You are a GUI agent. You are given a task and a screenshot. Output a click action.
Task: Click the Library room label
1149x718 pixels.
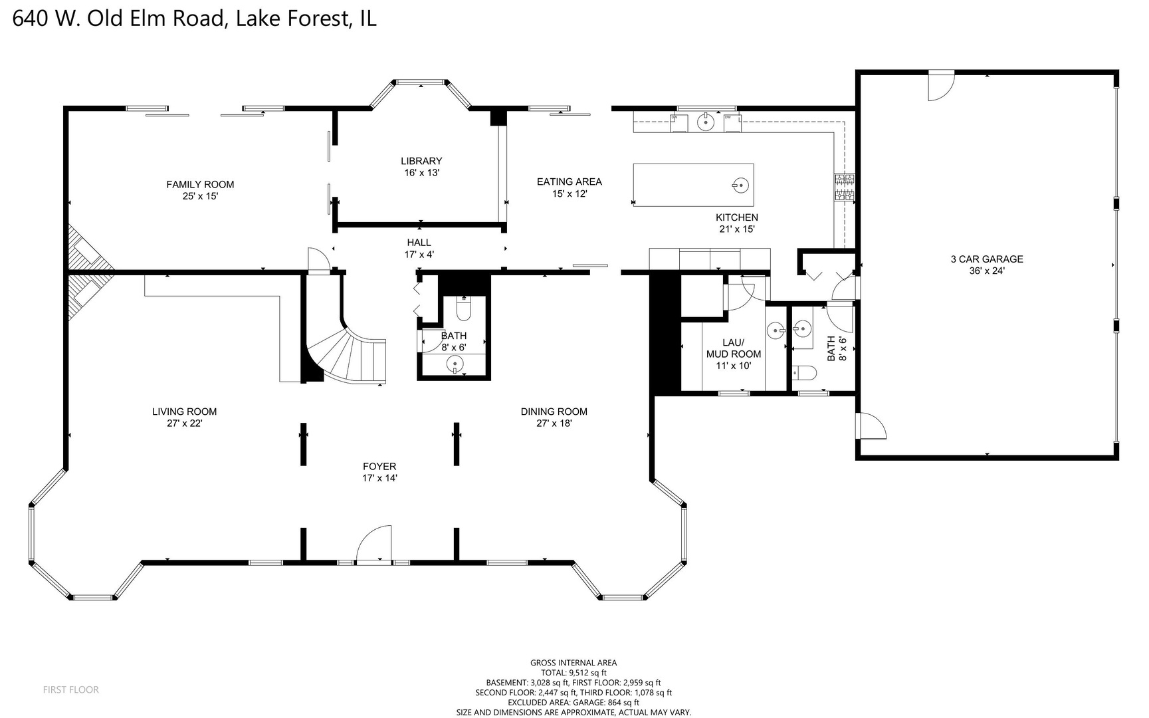tap(421, 166)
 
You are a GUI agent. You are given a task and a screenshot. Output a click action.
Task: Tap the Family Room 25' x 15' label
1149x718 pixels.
tap(200, 190)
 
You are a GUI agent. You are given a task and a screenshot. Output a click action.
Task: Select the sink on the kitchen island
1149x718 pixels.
tap(741, 185)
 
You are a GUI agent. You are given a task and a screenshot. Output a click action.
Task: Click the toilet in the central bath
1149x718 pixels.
tap(464, 310)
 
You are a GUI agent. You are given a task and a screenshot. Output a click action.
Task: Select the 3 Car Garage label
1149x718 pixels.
tap(987, 265)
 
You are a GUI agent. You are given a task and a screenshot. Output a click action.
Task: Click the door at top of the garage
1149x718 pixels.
tap(941, 86)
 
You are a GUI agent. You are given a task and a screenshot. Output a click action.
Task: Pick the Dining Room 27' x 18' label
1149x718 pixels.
tap(554, 417)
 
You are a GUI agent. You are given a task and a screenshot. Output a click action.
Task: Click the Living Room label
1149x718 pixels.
tap(184, 417)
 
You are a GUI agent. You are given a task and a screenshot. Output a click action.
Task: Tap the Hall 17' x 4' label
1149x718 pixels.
tap(419, 248)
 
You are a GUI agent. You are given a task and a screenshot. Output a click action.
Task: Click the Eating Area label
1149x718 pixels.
tap(570, 187)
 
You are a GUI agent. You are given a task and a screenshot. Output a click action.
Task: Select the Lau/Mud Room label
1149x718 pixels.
tap(734, 354)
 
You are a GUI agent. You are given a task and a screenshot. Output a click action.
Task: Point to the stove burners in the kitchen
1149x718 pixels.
tap(845, 187)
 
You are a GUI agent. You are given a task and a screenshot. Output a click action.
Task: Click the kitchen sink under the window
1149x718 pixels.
tap(706, 122)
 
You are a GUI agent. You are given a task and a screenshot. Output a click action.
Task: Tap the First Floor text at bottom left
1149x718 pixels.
tap(71, 689)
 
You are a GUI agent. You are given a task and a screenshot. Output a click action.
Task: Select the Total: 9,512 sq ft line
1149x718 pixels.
tap(574, 672)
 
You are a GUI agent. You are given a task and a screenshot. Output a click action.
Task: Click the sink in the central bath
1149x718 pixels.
tap(455, 363)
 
